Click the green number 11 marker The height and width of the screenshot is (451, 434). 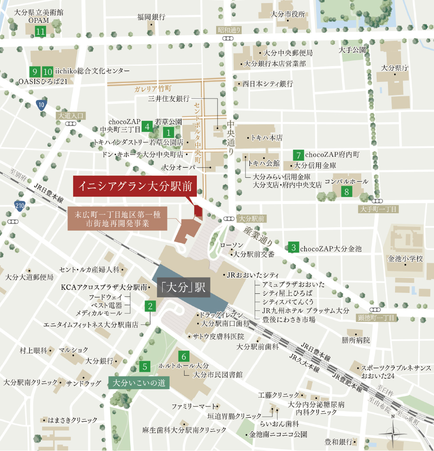point(41,31)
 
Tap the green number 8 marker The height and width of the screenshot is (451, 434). point(347,191)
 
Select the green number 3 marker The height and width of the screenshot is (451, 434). point(293,248)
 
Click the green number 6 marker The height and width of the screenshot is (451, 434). point(184,356)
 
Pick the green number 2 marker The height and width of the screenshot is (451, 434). point(150,307)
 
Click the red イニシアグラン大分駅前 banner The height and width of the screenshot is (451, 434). point(135,186)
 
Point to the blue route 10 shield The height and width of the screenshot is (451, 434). point(41,105)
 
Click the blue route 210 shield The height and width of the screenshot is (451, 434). point(19,205)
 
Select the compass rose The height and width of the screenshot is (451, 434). point(393,433)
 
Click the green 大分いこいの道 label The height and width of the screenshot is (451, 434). point(139,383)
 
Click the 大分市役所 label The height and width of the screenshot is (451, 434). point(288,14)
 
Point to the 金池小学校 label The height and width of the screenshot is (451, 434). point(406,259)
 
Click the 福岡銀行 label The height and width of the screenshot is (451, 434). point(151,17)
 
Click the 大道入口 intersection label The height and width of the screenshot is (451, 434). point(70,116)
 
